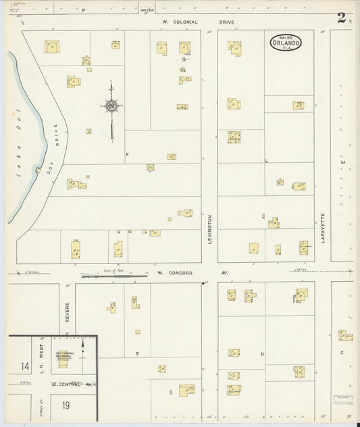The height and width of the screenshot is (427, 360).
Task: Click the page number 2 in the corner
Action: pos(342,18)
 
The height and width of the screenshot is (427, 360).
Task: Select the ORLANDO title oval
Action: pos(286,42)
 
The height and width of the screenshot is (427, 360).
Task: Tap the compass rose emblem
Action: pos(111,105)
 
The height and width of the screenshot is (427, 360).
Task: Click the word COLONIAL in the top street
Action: pos(184,22)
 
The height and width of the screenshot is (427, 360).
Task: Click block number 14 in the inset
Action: pos(26,366)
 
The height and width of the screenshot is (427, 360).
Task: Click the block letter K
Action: pos(127,154)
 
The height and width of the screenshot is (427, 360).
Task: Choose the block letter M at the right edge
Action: pos(342,163)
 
